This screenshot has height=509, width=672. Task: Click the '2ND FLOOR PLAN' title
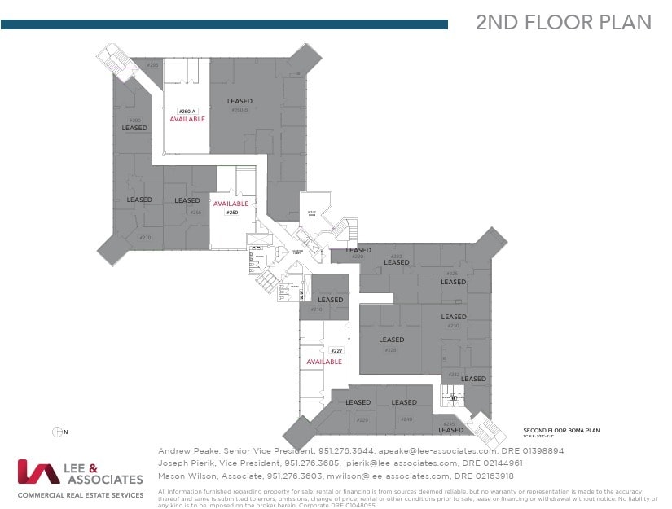tap(563, 23)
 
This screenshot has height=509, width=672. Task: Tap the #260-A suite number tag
tap(187, 111)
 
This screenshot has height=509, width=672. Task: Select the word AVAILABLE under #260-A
tap(187, 119)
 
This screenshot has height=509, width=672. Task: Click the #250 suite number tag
tap(231, 212)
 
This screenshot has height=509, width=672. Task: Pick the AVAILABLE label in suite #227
tap(324, 362)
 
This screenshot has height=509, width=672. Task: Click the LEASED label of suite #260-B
tap(239, 101)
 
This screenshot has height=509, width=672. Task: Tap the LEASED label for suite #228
tap(391, 340)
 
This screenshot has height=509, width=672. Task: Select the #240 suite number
tap(406, 419)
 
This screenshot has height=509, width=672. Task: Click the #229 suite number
tap(362, 419)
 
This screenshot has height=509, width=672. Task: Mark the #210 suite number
tap(317, 309)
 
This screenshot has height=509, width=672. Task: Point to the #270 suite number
tap(145, 238)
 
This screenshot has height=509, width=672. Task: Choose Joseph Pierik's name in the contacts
tap(184, 463)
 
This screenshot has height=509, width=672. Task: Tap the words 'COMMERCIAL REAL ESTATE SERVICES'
tap(81, 494)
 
